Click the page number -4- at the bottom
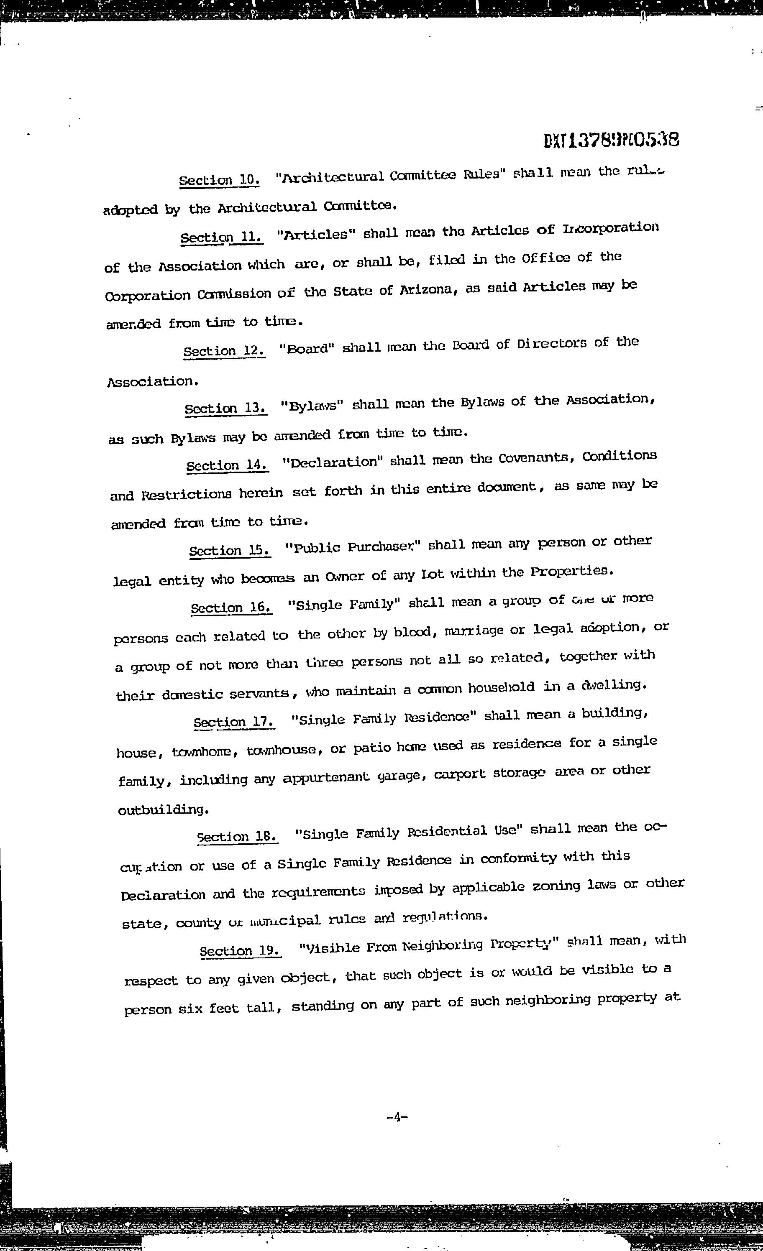coord(397,1116)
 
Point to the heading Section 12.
coord(224,351)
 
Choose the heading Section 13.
coord(225,408)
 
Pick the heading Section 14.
coord(227,465)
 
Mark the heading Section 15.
coord(229,550)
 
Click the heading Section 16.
coord(231,607)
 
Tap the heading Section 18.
coord(237,836)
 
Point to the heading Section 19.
coord(240,950)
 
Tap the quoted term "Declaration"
coord(332,462)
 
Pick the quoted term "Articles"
coord(315,235)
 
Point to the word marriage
coord(474,631)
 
